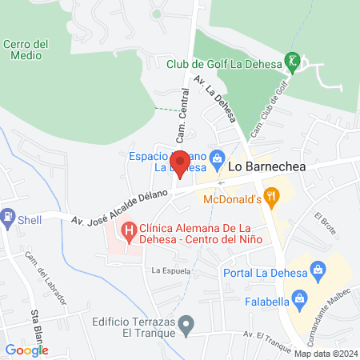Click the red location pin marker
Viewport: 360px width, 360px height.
click(180, 163)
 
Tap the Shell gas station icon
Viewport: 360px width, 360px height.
click(8, 215)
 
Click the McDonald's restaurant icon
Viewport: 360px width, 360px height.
click(272, 194)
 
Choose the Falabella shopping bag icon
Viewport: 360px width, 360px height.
click(300, 300)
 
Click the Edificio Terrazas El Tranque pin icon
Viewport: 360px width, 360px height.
click(186, 325)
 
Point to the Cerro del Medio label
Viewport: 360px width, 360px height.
click(26, 50)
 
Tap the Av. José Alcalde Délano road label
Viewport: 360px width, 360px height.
click(120, 207)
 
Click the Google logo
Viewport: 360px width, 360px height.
click(26, 350)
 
